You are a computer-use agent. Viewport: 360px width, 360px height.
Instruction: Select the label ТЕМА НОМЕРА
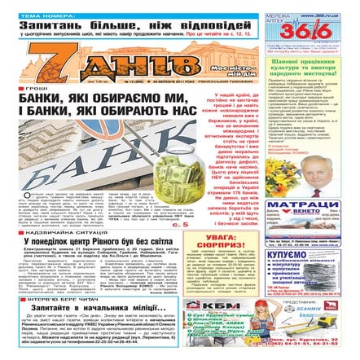point(38,14)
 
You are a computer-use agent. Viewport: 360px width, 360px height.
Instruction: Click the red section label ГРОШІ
point(33,87)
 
